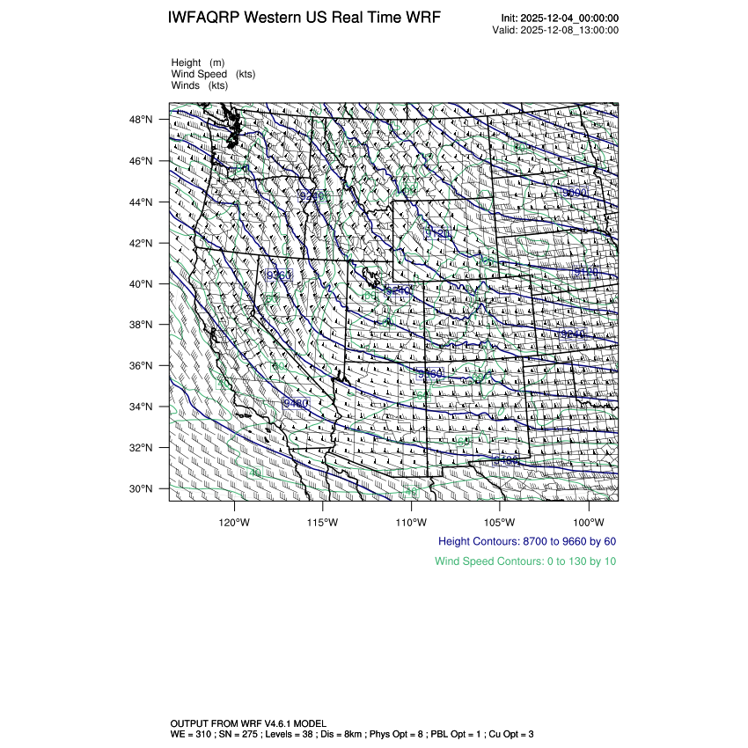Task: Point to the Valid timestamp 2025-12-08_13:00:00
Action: (568, 30)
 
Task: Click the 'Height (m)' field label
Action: (198, 62)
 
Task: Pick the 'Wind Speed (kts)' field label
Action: (213, 74)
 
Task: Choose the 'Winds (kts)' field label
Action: (200, 85)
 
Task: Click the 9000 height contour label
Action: (574, 192)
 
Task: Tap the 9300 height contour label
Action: (279, 275)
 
